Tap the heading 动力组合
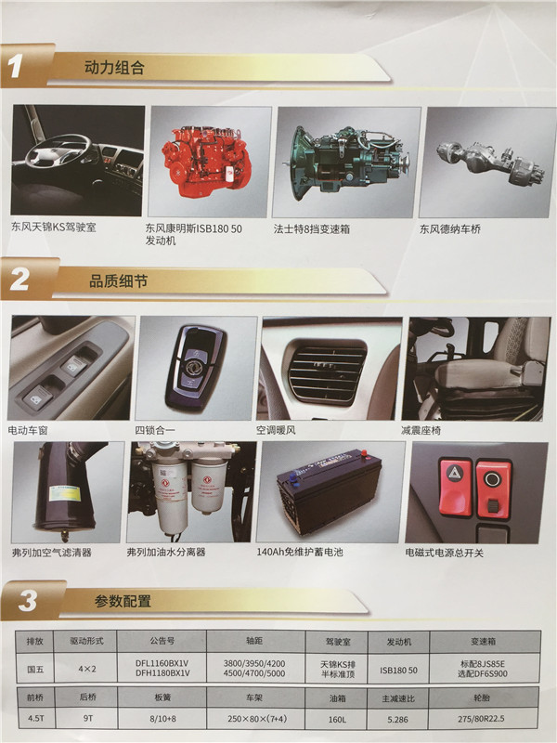[114, 67]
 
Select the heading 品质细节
[119, 281]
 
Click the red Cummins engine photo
[206, 160]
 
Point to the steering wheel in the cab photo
[57, 150]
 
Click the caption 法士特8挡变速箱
[312, 228]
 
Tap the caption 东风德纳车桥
[450, 229]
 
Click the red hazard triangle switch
[456, 486]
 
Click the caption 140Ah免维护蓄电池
[300, 552]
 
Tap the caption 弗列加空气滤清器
[52, 553]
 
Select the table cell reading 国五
[35, 669]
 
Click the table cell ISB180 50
[398, 670]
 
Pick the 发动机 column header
[399, 642]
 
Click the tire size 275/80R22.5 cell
[481, 719]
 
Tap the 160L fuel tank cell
[337, 719]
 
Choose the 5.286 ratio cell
[397, 719]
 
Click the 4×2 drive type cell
[86, 669]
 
